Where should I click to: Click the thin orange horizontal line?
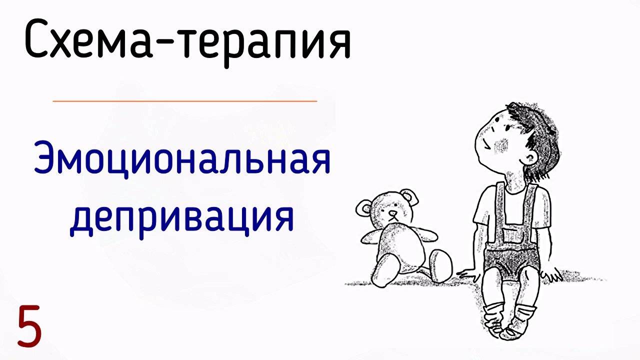click(x=184, y=101)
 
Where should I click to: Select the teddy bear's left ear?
click(x=364, y=207)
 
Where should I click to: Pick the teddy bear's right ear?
click(x=409, y=196)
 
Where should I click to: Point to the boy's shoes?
click(x=510, y=320)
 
